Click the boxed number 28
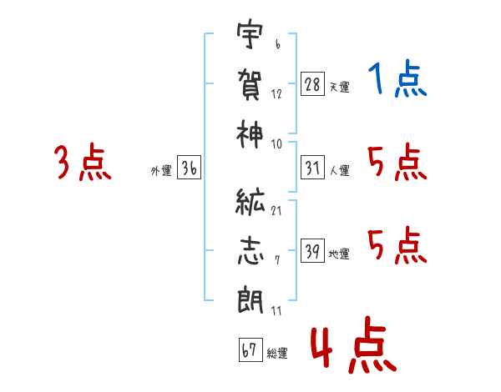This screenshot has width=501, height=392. pos(311,84)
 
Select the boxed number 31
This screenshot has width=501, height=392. pos(311,169)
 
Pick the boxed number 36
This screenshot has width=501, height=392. pos(189,169)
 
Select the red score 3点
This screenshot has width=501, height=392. pos(83,163)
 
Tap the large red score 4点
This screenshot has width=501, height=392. pos(352,349)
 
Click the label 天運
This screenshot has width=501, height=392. pos(339,87)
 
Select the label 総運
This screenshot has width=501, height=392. pos(276,354)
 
